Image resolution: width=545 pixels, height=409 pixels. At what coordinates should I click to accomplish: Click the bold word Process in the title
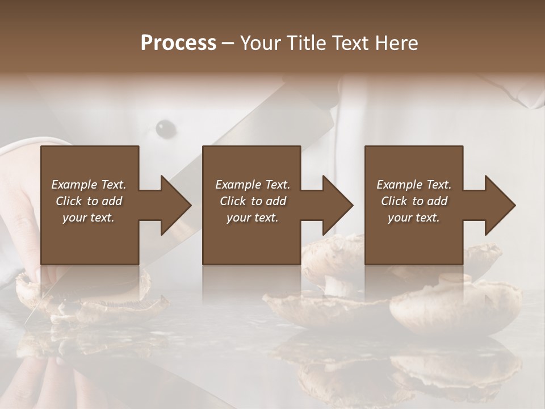click(178, 43)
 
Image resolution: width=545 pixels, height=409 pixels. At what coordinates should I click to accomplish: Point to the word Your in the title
click(261, 43)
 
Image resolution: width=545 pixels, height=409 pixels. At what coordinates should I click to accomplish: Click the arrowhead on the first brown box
click(173, 205)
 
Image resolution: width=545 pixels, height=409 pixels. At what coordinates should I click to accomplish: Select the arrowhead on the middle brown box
click(336, 205)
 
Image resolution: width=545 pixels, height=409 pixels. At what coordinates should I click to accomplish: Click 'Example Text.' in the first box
click(89, 185)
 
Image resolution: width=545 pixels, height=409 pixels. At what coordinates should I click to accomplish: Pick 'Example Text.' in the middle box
click(253, 185)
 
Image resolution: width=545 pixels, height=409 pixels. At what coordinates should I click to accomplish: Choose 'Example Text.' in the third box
click(414, 185)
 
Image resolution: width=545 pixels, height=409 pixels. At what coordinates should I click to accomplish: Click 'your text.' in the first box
click(89, 218)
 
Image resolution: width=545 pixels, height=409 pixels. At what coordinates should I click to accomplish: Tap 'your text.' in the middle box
click(253, 218)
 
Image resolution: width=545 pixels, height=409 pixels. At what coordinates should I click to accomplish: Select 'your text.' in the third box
click(414, 218)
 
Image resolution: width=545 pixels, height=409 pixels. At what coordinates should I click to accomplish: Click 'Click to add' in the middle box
click(253, 201)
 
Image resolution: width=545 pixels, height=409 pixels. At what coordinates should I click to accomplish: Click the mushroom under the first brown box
click(85, 290)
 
